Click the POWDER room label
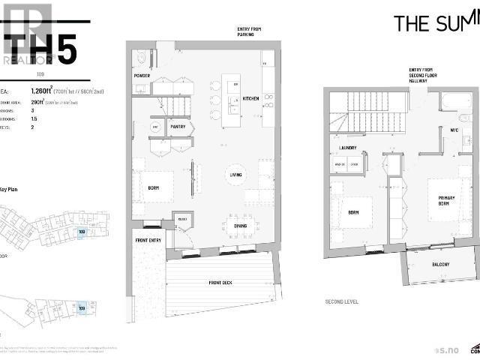point(142,76)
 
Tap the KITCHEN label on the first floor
point(250,98)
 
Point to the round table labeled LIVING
point(235,175)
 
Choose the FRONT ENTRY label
point(148,241)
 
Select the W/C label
point(454,129)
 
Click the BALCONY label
point(440,265)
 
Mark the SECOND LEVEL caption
point(341,301)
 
